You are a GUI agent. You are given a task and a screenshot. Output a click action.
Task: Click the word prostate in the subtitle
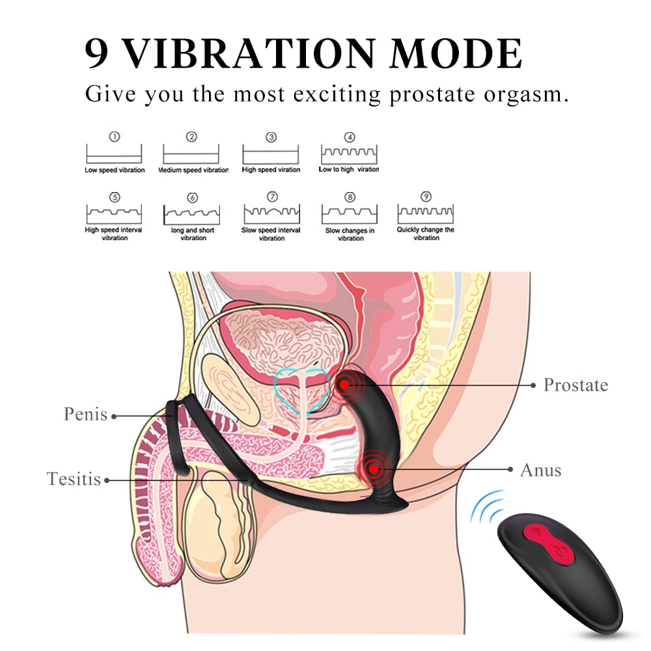click(430, 94)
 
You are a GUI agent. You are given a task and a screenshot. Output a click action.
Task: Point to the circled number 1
click(115, 137)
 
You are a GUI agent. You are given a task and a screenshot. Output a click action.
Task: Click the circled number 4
click(350, 137)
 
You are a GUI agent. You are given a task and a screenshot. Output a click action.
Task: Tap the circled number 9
click(426, 197)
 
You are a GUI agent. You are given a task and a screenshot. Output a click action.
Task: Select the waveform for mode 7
click(271, 214)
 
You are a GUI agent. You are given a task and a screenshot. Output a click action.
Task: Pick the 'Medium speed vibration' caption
click(193, 171)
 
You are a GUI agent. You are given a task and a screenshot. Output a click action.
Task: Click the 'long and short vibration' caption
click(193, 234)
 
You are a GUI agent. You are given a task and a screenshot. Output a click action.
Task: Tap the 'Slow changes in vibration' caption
click(350, 234)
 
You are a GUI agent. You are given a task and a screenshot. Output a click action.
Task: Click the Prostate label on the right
click(575, 385)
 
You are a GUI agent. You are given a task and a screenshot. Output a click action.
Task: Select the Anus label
click(540, 469)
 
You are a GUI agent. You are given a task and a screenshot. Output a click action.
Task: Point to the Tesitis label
click(74, 480)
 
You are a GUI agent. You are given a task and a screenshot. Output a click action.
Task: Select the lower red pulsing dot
click(372, 467)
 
